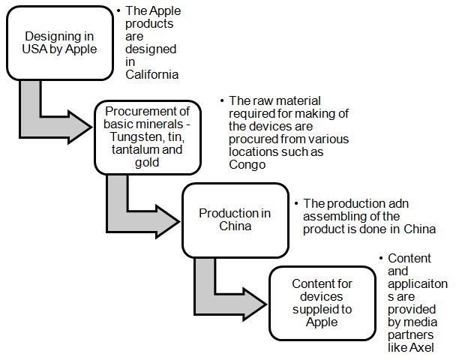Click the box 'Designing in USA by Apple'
pos(59,43)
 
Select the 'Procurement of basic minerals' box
pos(147,137)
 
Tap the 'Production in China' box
pos(235,219)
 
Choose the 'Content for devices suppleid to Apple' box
pos(322,302)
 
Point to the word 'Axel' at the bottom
pos(421,347)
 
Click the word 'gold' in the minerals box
pos(147,163)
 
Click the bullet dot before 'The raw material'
pos(221,101)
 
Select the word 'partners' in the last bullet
pos(410,334)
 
